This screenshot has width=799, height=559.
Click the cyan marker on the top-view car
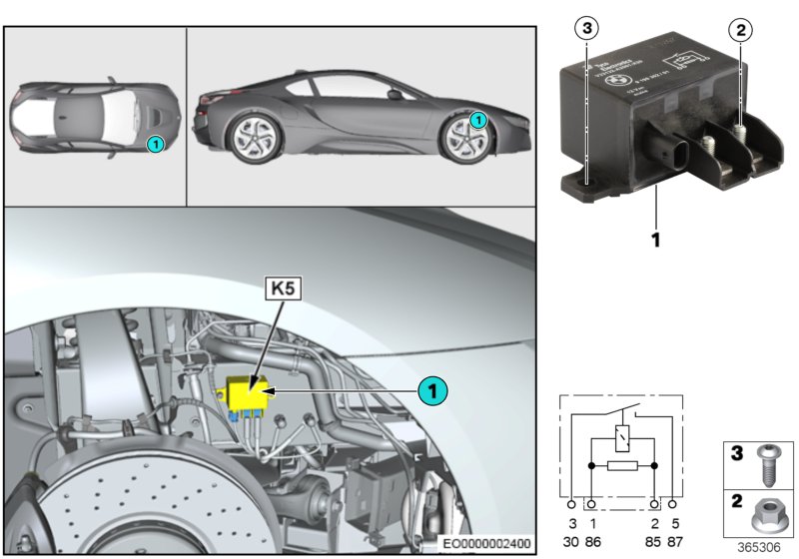pos(155,144)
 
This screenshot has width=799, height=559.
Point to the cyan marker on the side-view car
pos(478,120)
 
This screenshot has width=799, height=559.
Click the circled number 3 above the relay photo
pos(587,28)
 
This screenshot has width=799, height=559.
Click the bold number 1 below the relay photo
pos(657,241)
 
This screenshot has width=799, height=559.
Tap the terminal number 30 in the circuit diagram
pos(573,540)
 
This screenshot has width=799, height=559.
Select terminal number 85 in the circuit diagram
pos(654,540)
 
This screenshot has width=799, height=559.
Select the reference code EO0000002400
pos(489,544)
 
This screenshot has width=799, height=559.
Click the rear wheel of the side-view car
pos(255,137)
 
